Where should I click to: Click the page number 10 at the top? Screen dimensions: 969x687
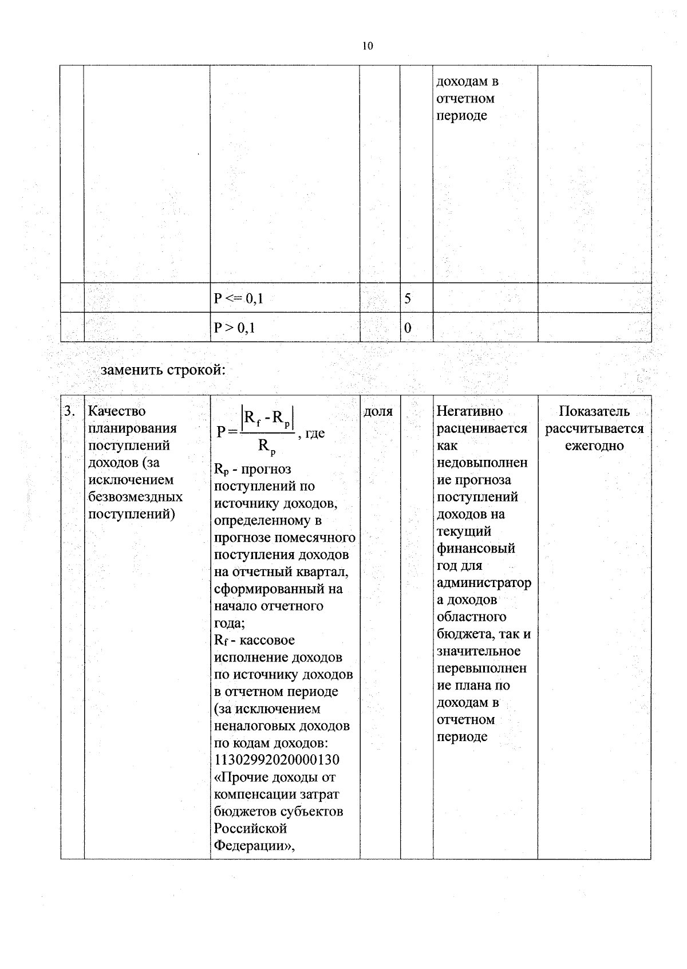(x=368, y=46)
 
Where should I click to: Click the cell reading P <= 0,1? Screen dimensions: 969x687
(x=238, y=298)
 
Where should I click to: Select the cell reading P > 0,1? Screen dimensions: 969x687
(x=235, y=328)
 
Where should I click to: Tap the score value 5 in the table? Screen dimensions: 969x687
(x=408, y=298)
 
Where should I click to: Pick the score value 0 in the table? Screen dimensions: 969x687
(x=408, y=328)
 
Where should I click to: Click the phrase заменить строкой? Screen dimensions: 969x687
(x=163, y=370)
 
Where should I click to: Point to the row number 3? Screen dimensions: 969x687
(x=69, y=411)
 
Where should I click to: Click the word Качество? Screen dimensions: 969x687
(x=117, y=411)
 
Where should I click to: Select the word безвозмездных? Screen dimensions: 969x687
(x=135, y=497)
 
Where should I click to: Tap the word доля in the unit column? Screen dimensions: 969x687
(x=378, y=411)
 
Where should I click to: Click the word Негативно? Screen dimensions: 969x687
(x=469, y=411)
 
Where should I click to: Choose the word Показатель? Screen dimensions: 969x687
(x=594, y=411)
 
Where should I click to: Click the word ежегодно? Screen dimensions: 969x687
(x=594, y=446)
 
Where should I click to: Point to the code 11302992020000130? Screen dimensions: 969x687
(x=277, y=760)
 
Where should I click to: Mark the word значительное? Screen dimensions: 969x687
(x=479, y=651)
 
